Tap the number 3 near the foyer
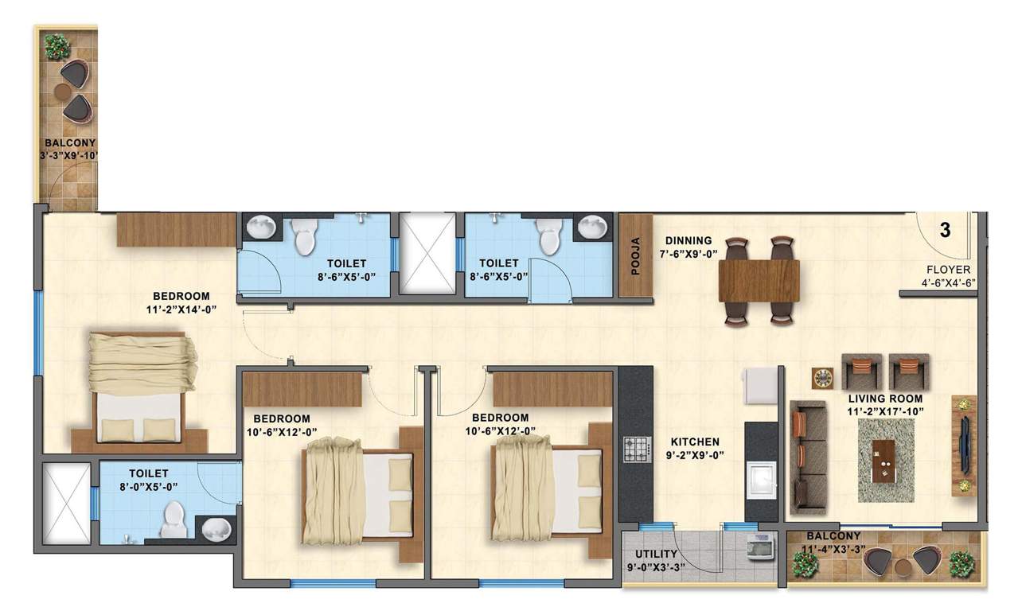click(x=945, y=232)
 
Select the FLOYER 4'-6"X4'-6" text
click(x=948, y=275)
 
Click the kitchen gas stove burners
click(x=636, y=449)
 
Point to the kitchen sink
click(x=762, y=481)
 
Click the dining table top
click(x=759, y=280)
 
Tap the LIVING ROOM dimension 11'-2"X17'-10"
click(x=885, y=411)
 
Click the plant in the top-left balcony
click(x=57, y=46)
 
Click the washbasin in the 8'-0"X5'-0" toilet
click(x=213, y=527)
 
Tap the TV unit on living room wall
click(x=964, y=446)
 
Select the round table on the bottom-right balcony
click(x=902, y=566)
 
